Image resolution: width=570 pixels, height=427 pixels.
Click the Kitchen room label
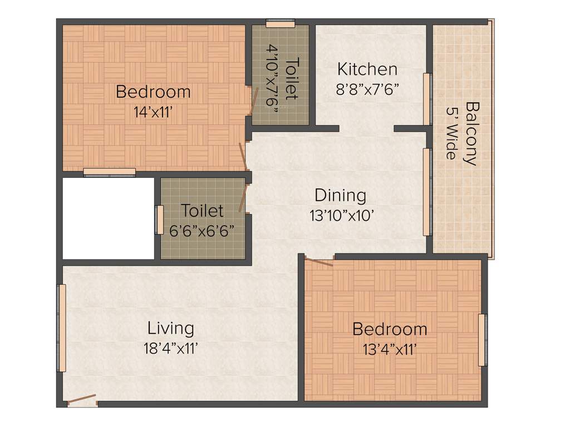point(367,69)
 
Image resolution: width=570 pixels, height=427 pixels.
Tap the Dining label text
point(340,196)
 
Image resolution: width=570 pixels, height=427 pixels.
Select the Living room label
point(171,328)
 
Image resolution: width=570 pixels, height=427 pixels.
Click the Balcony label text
point(472,133)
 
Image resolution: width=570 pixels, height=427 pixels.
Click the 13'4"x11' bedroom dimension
point(390,349)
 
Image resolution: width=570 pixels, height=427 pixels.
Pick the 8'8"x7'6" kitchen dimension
point(367,90)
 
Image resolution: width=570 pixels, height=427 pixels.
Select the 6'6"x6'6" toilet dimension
point(202,230)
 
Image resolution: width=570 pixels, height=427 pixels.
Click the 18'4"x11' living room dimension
point(171,349)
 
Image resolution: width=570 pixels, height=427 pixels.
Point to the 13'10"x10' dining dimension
point(340,216)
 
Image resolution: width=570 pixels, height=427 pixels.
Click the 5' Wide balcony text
point(451,133)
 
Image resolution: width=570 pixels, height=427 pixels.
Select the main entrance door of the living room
point(81,401)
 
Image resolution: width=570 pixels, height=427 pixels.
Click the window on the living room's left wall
point(62,328)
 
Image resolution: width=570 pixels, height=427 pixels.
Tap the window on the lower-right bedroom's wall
point(482,332)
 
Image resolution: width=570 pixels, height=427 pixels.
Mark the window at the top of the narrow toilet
point(280,23)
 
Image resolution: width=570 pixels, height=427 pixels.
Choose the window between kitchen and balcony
point(427,99)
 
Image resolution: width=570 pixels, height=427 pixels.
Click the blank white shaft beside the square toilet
point(108,218)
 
